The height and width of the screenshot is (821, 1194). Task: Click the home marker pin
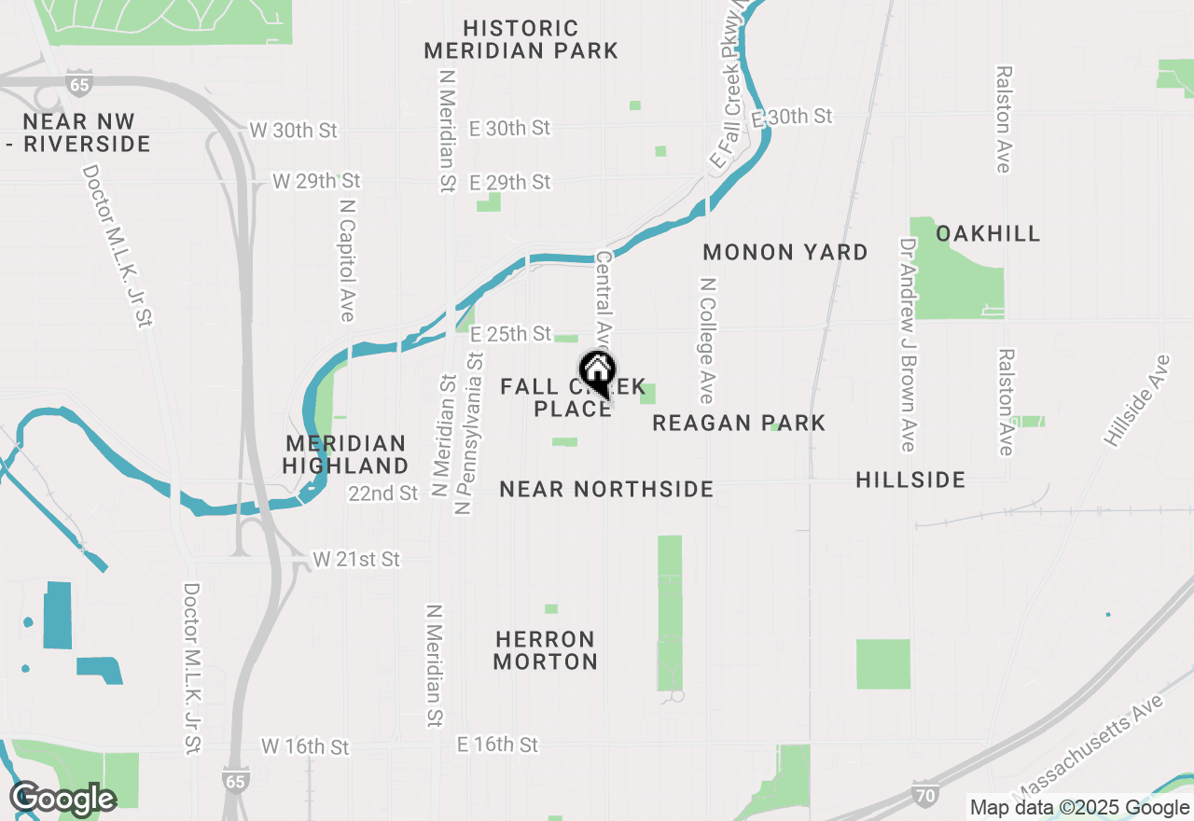point(597,373)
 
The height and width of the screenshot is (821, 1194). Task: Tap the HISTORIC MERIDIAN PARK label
point(521,40)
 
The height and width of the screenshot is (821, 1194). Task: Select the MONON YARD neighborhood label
point(785,252)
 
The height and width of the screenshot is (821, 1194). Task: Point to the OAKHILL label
point(988,233)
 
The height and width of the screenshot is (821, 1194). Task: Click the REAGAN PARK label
point(739,424)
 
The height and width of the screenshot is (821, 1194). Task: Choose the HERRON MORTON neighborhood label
point(546,651)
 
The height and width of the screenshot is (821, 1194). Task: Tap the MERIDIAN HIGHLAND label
point(346,454)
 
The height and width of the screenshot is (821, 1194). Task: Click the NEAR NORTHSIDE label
point(606,489)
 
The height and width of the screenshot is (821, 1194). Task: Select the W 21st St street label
point(356,560)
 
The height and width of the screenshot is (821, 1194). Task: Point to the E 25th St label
point(511,334)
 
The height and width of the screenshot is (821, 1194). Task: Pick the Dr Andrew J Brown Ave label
point(908,344)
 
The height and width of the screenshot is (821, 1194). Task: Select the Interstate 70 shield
point(922,796)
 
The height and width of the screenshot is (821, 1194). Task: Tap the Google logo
point(62,800)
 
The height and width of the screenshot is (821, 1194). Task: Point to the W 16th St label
point(305,747)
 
